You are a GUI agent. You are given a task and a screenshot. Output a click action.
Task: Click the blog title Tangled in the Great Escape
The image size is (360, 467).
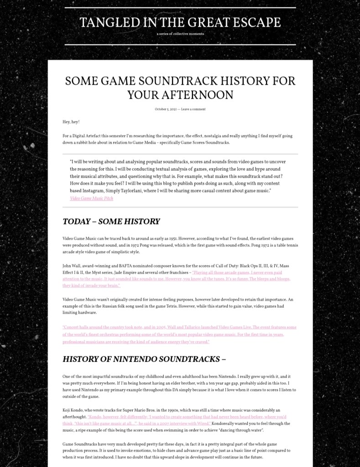tap(180, 22)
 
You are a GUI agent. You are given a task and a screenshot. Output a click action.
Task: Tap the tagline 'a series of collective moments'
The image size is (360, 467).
tap(180, 34)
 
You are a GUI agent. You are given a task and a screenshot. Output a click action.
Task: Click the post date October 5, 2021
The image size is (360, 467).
tap(166, 109)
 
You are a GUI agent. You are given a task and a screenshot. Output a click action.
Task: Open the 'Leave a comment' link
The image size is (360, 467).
tap(193, 109)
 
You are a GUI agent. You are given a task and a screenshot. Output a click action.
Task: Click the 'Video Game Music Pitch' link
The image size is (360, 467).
tap(91, 198)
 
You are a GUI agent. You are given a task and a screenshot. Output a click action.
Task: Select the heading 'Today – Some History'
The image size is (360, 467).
tap(111, 221)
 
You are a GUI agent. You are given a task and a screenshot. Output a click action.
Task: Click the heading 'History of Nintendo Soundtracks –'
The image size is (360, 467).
tap(144, 359)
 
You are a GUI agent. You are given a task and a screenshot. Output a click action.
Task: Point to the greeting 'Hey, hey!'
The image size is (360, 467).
tap(71, 122)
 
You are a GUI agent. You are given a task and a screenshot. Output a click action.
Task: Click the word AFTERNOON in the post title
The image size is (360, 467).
tap(180, 94)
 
